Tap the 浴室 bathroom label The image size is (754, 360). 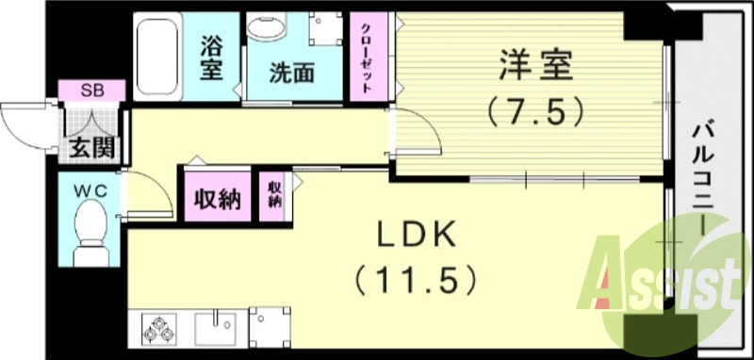[x=213, y=57]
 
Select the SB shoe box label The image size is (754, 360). [x=91, y=90]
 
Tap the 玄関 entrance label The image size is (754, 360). [x=90, y=148]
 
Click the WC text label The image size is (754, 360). [x=91, y=190]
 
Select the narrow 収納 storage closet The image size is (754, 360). [x=274, y=194]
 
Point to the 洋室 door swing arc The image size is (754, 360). [x=424, y=132]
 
